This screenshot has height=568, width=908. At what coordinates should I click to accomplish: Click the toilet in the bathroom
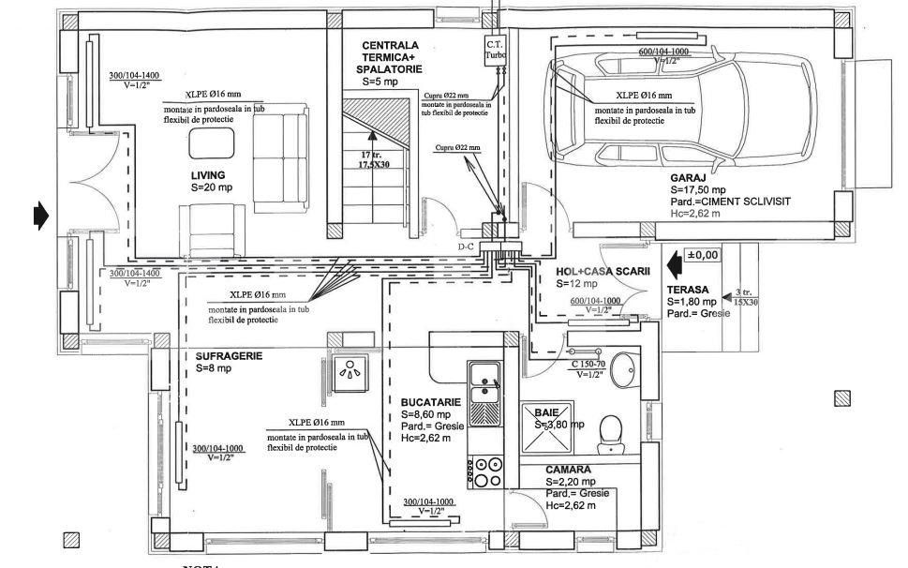[x=612, y=428]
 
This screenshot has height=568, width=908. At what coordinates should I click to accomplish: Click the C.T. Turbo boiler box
[x=495, y=51]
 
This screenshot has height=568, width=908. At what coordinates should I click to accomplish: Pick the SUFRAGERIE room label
[x=229, y=356]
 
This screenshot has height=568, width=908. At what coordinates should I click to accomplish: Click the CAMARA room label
[x=568, y=470]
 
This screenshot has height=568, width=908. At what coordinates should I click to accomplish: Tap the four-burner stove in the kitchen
[x=485, y=471]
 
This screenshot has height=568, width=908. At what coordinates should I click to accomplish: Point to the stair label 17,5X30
[x=375, y=164]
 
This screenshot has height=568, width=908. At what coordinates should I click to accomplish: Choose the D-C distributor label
[x=465, y=247]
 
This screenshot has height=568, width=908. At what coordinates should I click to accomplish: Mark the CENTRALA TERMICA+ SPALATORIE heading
[x=392, y=57]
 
